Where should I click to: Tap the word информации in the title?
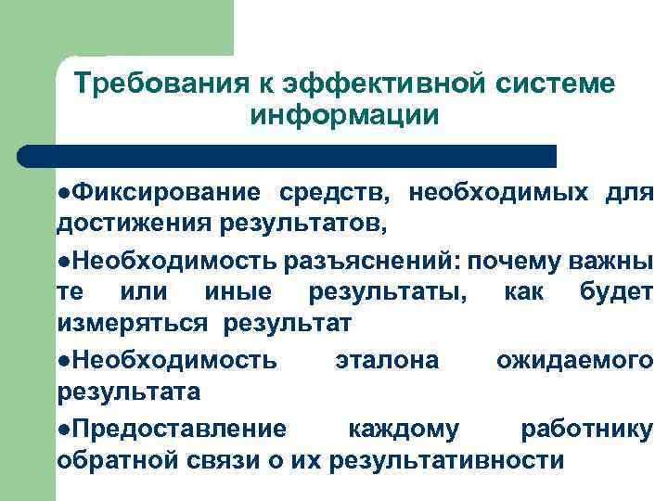(x=344, y=117)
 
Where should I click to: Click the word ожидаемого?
(x=574, y=359)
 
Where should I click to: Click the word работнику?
(x=586, y=428)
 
